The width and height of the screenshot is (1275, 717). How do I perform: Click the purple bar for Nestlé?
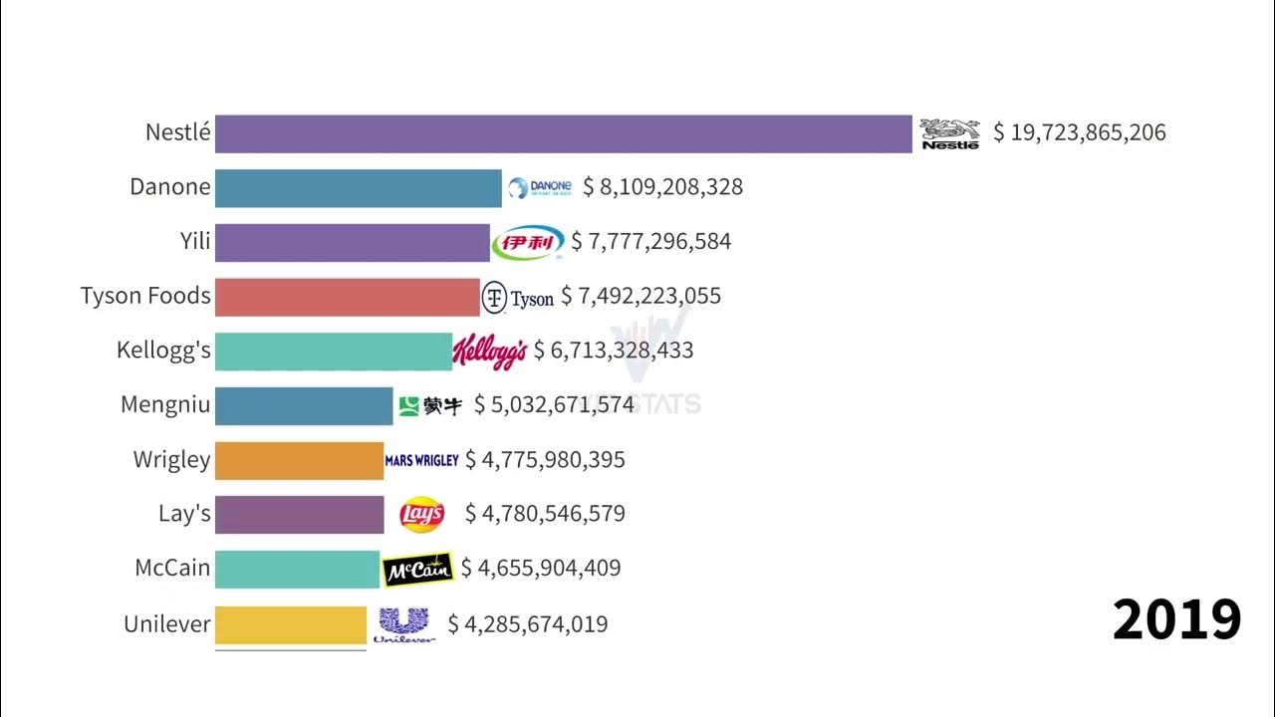[x=563, y=133]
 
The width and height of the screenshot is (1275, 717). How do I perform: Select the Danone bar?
[x=358, y=188]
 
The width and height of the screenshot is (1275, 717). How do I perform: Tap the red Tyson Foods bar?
[x=347, y=297]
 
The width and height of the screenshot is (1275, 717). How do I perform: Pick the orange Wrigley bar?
[x=299, y=460]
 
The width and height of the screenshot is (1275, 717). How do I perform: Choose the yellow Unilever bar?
[x=291, y=624]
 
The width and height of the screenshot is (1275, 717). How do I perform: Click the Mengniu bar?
[x=304, y=405]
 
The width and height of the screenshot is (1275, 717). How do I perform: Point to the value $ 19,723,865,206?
[x=1079, y=132]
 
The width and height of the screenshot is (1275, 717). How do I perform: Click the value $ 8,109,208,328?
[x=662, y=187]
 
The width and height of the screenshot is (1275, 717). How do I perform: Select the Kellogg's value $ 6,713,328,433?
[x=614, y=351]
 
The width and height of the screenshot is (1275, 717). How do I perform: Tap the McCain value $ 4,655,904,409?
[x=541, y=568]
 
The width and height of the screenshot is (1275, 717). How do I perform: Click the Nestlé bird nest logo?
[x=949, y=133]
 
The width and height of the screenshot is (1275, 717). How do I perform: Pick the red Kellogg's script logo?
[x=489, y=351]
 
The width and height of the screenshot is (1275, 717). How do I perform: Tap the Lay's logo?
[x=421, y=514]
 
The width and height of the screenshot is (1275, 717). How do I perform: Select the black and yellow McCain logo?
[x=418, y=569]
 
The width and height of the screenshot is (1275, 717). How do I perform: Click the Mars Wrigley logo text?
[x=421, y=460]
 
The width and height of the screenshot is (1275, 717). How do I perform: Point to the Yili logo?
[x=527, y=242]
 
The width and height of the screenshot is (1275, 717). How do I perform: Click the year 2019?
[x=1176, y=619]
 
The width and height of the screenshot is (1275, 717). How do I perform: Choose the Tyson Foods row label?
[x=145, y=296]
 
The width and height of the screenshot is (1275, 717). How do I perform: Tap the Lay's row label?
[x=184, y=514]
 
